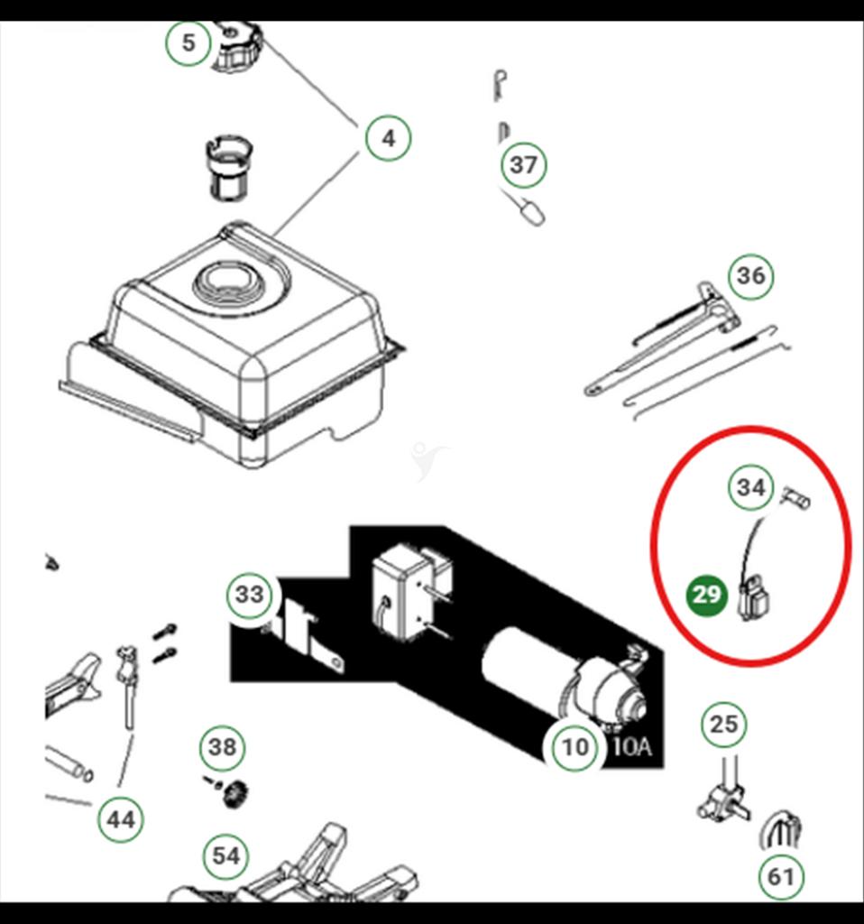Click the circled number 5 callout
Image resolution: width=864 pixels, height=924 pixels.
(188, 42)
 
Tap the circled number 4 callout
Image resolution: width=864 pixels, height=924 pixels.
(388, 138)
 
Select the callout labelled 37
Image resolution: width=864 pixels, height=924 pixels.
(523, 165)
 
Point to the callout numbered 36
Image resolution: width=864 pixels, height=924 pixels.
(750, 275)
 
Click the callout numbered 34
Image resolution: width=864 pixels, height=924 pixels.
(750, 488)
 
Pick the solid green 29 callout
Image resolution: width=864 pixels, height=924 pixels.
(707, 596)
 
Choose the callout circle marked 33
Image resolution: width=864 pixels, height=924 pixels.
(249, 595)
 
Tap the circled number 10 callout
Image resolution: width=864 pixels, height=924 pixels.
(574, 746)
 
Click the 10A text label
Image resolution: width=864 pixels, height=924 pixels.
(631, 747)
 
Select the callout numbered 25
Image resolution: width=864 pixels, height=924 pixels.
(723, 724)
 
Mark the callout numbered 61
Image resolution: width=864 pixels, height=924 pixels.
(780, 875)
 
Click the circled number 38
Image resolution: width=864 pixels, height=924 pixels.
(222, 746)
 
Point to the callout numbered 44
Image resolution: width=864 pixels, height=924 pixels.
(120, 820)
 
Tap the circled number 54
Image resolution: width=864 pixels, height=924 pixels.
(225, 855)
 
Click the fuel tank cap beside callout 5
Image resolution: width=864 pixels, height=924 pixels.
(237, 47)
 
